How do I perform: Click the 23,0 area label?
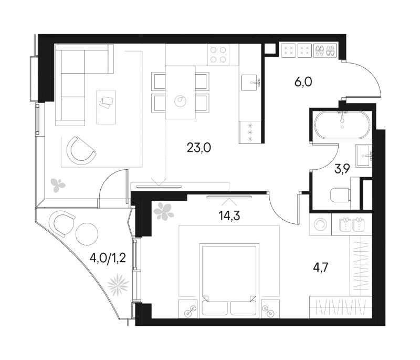click(x=199, y=148)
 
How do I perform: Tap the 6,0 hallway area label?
click(x=303, y=82)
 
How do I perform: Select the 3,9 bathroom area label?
click(x=342, y=169)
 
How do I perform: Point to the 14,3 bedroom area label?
click(x=229, y=215)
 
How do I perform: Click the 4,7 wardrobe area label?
click(x=320, y=268)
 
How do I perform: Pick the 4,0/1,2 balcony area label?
click(x=108, y=259)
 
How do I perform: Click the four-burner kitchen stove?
click(x=218, y=55)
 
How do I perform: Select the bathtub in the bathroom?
click(x=342, y=125)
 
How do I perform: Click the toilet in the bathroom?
click(x=340, y=194)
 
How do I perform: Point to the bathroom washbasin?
click(x=364, y=156)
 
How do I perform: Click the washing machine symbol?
click(x=320, y=224)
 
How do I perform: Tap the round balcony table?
click(x=87, y=234)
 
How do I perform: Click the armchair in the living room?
click(x=80, y=150)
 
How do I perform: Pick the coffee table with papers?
click(x=106, y=107)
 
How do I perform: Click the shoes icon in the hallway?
click(x=324, y=50)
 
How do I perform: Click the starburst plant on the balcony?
click(x=118, y=285)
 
